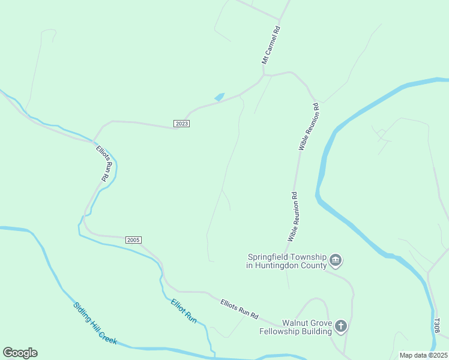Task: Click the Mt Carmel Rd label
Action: (x=271, y=45)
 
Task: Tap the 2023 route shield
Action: (x=182, y=123)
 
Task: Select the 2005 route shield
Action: (x=133, y=240)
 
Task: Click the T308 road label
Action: (x=437, y=326)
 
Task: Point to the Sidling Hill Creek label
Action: (x=94, y=323)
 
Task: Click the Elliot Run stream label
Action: (x=184, y=311)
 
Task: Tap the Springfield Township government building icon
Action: (x=336, y=260)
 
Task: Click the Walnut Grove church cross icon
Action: (x=341, y=326)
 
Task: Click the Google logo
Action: (x=20, y=352)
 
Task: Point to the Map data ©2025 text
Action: (x=424, y=355)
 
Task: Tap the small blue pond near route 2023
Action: (x=219, y=97)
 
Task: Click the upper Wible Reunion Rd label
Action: (x=309, y=127)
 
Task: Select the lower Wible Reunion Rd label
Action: (x=293, y=217)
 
